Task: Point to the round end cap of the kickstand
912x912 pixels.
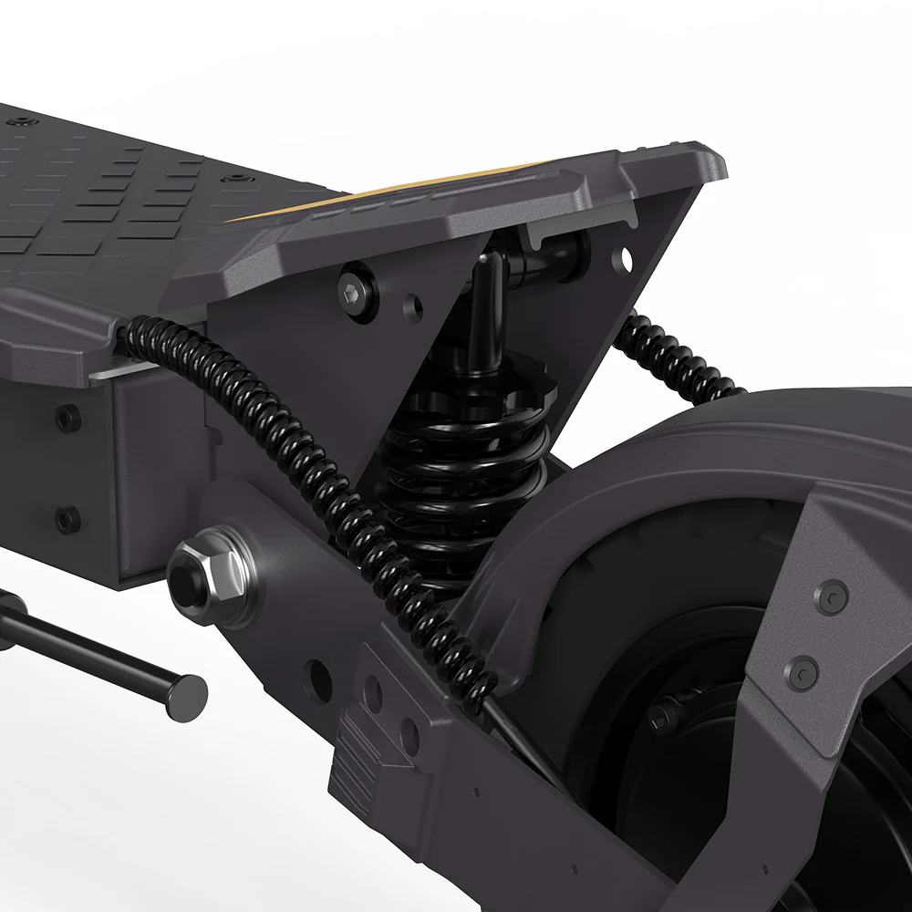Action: pyautogui.click(x=190, y=695)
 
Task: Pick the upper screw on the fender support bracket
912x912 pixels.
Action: pyautogui.click(x=831, y=597)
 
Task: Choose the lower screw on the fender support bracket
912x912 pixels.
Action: pyautogui.click(x=803, y=673)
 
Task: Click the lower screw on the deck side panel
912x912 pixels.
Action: pyautogui.click(x=67, y=520)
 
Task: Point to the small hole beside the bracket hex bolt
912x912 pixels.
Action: pyautogui.click(x=413, y=306)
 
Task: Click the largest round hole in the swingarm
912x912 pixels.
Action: pyautogui.click(x=317, y=679)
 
